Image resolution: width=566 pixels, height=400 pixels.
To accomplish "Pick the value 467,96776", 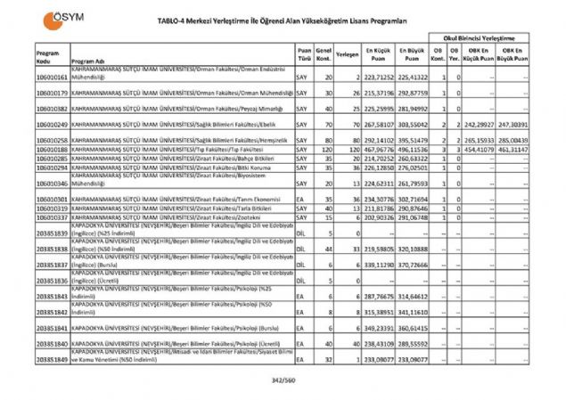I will pos(376,151).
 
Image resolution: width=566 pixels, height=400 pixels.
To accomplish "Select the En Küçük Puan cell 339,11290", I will pos(376,265).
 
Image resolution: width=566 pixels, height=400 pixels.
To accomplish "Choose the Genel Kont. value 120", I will pos(325,151).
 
